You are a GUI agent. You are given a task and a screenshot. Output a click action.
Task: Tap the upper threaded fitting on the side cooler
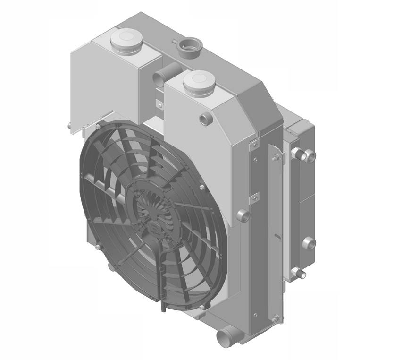click(304, 154)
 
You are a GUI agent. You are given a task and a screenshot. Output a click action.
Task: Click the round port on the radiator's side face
click(243, 215)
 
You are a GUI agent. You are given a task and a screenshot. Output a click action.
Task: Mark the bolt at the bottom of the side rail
click(276, 317)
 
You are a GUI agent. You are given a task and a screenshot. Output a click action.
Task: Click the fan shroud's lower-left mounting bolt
click(98, 246)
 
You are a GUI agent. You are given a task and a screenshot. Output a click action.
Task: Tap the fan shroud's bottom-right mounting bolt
click(202, 308)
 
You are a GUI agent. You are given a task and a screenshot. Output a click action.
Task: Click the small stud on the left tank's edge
click(69, 126)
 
